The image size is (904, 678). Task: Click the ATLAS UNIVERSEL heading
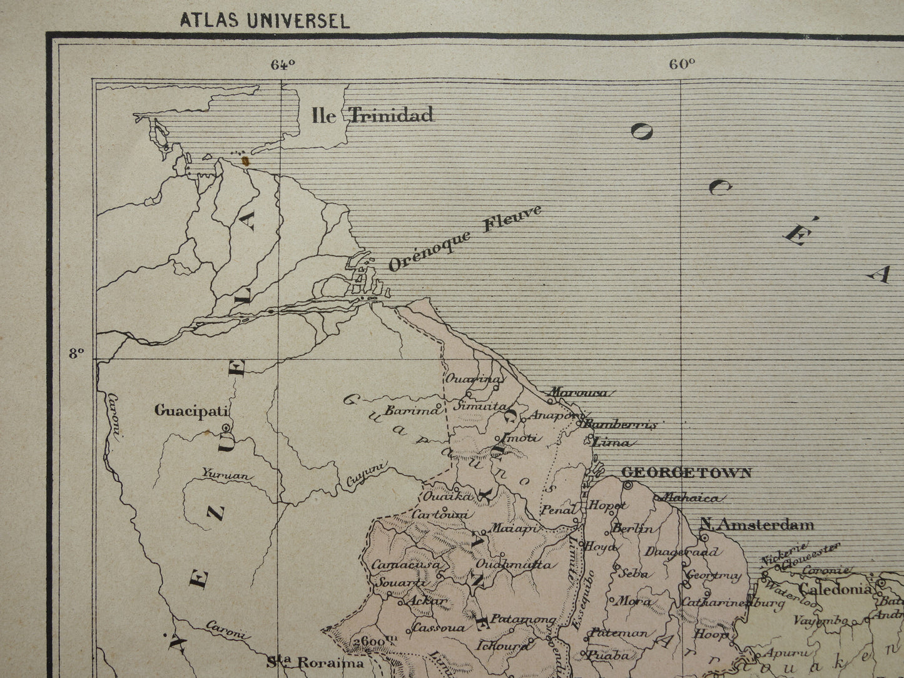[265, 21]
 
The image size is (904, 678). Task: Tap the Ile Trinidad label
[372, 114]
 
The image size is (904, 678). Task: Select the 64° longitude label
[283, 64]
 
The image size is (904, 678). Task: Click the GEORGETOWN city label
[686, 473]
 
